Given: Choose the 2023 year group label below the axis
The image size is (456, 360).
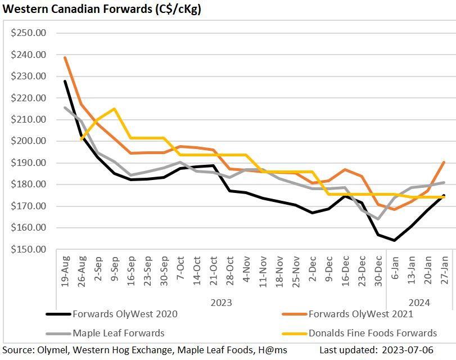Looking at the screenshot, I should click(222, 303).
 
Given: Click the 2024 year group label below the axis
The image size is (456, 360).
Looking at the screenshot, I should click(419, 303).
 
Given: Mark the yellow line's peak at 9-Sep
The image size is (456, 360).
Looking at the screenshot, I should click(115, 109).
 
